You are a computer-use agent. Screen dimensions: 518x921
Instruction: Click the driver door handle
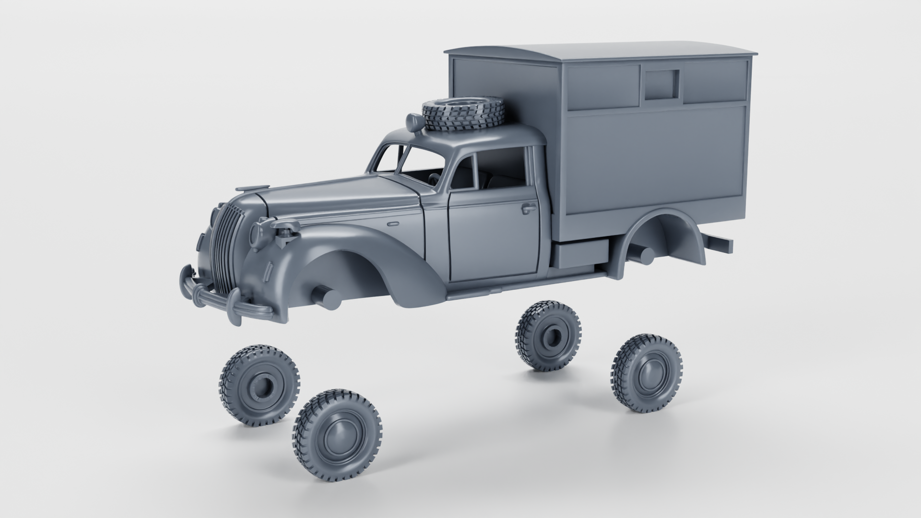click(x=528, y=208)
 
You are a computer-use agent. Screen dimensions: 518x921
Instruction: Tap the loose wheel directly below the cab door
click(x=548, y=334)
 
